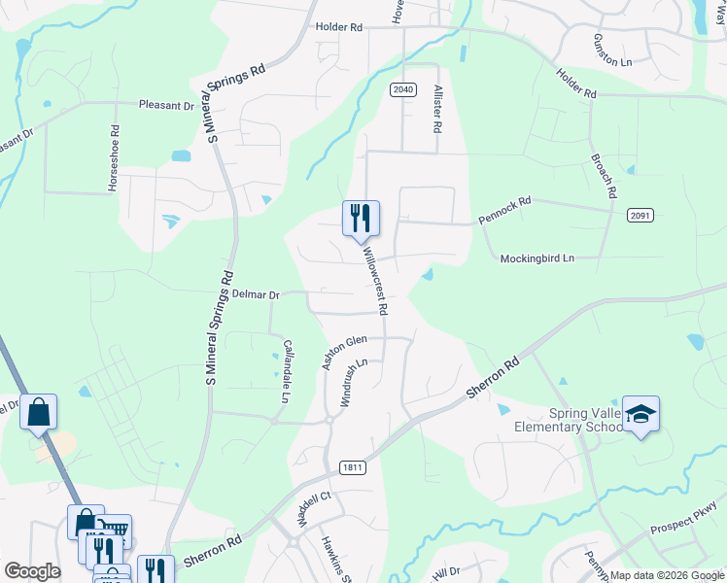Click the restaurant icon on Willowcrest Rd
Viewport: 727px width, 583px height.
click(x=361, y=218)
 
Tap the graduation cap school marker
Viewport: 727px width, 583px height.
click(x=640, y=415)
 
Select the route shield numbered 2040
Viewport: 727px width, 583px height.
click(x=403, y=90)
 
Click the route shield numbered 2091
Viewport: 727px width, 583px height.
click(x=640, y=215)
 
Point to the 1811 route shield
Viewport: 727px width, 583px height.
click(x=353, y=467)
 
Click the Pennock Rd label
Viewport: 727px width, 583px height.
click(x=504, y=211)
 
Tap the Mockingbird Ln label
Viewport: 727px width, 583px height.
click(x=537, y=258)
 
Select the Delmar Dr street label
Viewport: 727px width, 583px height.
click(x=255, y=293)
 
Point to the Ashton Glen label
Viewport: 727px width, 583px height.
click(x=344, y=352)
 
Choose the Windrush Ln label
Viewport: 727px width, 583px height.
click(x=352, y=382)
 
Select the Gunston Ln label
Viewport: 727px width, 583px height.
click(x=612, y=49)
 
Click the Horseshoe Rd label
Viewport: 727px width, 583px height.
click(x=115, y=156)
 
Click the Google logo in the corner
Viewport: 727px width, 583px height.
click(x=33, y=571)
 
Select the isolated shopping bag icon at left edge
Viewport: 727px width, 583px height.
click(x=38, y=412)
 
